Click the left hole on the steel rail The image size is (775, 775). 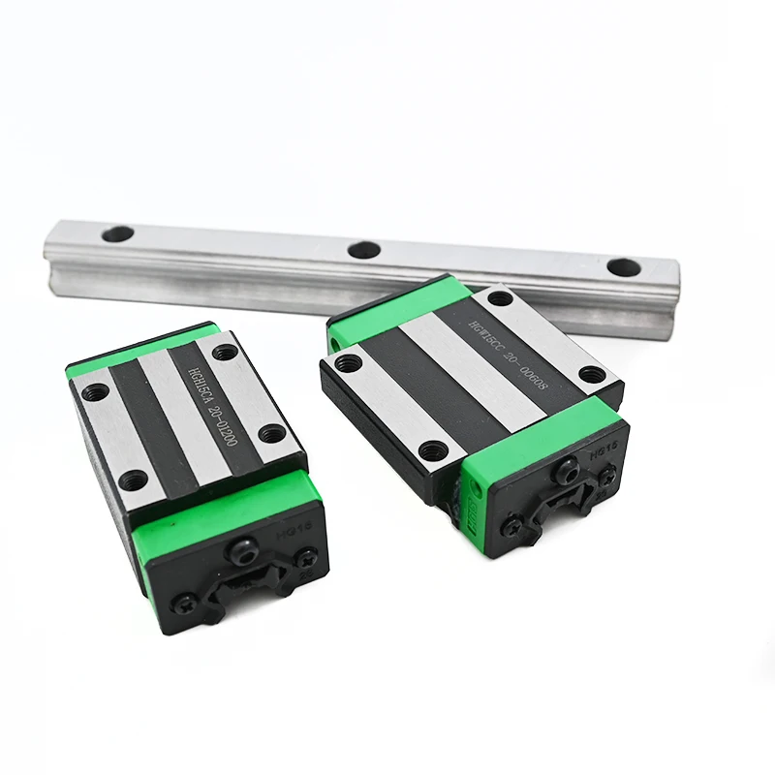[x=117, y=233]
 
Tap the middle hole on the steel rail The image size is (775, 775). [x=364, y=249]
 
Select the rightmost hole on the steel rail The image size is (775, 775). [x=622, y=266]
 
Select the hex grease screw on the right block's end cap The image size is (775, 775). [x=567, y=474]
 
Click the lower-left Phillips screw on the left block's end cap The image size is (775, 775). [x=184, y=604]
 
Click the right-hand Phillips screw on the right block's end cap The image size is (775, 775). [x=608, y=475]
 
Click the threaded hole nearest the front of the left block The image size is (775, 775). [x=135, y=478]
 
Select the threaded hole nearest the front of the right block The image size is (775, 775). [x=435, y=449]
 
